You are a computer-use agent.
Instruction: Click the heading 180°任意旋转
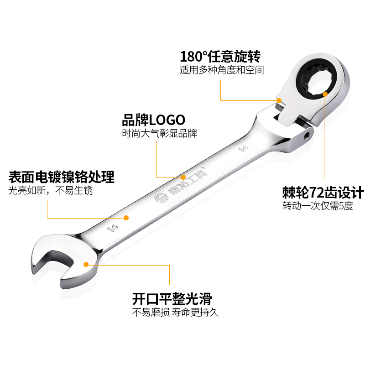[220, 57]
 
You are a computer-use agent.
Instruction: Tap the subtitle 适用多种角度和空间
[222, 70]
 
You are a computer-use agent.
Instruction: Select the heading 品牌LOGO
[153, 120]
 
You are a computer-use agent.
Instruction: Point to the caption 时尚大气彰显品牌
[159, 134]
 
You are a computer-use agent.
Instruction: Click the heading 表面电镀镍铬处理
[62, 177]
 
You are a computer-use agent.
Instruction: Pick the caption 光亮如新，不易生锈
[51, 191]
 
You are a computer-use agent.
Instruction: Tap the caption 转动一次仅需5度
[318, 206]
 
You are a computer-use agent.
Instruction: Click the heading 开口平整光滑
[172, 299]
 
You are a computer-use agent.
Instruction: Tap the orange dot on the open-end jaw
[86, 263]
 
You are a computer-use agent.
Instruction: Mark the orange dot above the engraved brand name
[183, 177]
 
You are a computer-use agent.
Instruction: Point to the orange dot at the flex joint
[279, 99]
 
